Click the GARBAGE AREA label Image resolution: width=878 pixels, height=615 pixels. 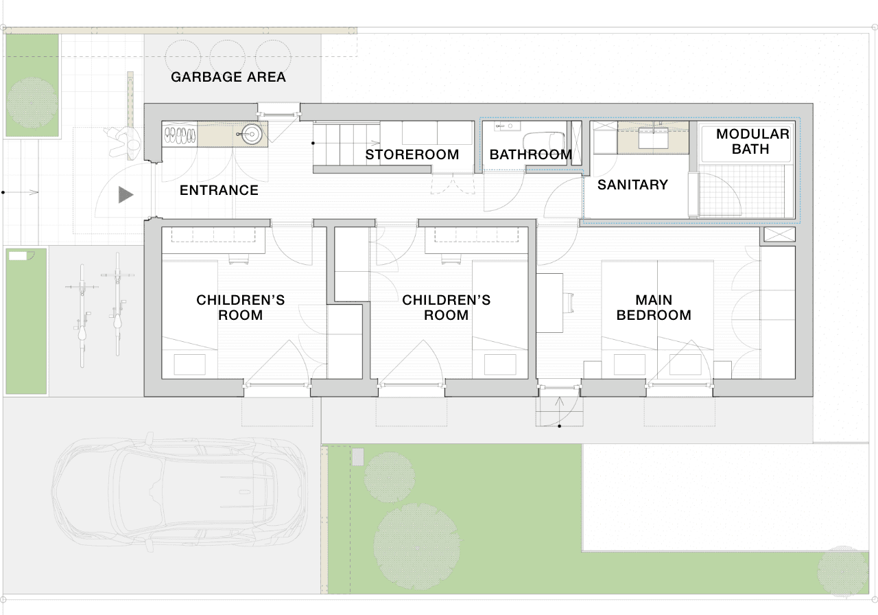click(228, 77)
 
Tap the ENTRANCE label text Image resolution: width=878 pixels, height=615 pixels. click(219, 190)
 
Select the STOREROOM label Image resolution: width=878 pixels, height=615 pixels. click(412, 154)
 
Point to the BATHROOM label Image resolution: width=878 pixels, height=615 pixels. click(531, 154)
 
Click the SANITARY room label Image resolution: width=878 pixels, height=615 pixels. click(632, 185)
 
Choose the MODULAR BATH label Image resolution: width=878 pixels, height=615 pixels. click(752, 141)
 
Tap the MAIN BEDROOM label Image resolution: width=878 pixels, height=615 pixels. click(654, 307)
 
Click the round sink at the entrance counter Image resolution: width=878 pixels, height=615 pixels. click(251, 134)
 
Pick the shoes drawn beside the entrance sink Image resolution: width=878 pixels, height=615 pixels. click(180, 135)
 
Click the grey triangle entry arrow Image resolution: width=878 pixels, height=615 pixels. click(125, 195)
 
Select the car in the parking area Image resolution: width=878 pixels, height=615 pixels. click(179, 492)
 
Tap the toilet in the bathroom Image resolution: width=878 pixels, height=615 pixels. click(544, 142)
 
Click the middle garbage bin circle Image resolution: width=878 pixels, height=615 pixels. click(228, 57)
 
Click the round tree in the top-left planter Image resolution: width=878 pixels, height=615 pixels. click(32, 103)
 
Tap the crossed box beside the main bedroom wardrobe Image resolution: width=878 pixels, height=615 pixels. click(780, 235)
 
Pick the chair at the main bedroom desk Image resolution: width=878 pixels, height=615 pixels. click(569, 303)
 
